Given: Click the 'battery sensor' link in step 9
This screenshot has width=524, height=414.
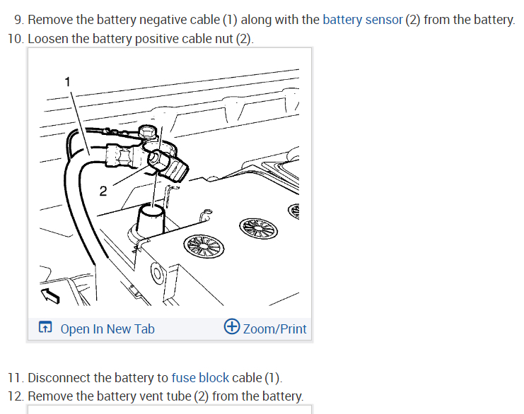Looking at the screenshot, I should (362, 19).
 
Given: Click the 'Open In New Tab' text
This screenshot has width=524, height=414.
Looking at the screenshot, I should (107, 329).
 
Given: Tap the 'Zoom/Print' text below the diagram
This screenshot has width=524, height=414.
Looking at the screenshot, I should (274, 329).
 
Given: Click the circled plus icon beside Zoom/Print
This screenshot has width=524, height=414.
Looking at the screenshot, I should (231, 327).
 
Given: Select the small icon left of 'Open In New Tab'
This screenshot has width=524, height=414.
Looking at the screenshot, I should (45, 328).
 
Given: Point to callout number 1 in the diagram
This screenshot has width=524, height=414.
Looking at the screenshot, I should (68, 82).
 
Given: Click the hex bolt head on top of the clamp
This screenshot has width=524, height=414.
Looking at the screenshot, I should (148, 131).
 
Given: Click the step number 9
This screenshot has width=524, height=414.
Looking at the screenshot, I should (18, 19).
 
